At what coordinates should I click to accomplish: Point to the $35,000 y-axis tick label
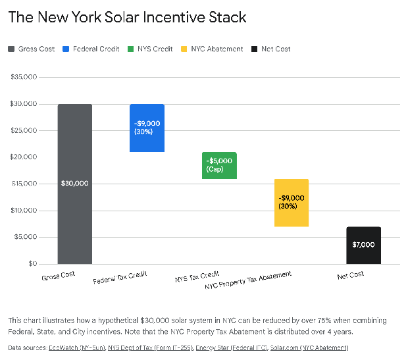[x=23, y=77]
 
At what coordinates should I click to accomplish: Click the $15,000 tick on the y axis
[x=23, y=184]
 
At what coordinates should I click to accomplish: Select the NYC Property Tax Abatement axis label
[x=247, y=280]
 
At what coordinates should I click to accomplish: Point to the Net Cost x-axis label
[x=350, y=276]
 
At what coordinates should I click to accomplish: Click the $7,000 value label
[x=363, y=245]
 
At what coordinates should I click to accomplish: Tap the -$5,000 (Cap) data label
[x=218, y=165]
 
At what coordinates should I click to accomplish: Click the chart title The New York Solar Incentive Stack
[x=127, y=17]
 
